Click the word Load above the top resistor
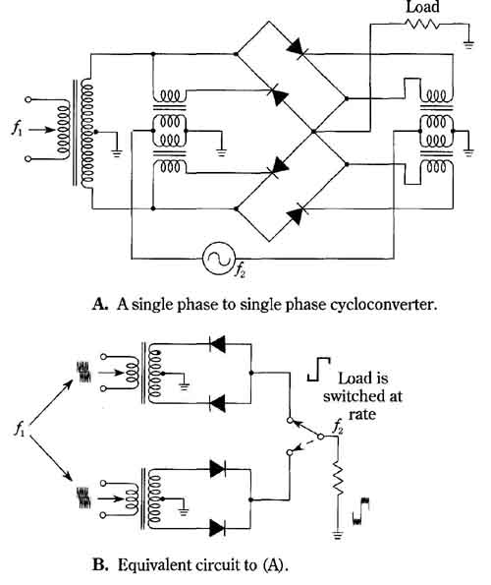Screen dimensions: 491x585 coord(422,7)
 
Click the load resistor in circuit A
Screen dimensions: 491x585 coord(421,24)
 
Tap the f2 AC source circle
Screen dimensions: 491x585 coord(219,259)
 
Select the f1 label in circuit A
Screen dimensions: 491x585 coord(17,129)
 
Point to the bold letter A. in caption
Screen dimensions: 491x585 coord(100,304)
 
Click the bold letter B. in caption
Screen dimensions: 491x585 coord(100,564)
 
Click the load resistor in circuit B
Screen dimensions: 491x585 coord(338,479)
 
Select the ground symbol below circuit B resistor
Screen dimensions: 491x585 coord(338,535)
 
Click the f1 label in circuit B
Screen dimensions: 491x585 coord(20,429)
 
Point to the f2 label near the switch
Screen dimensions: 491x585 coord(338,427)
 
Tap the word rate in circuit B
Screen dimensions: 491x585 coord(362,415)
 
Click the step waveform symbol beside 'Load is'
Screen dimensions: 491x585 coord(318,370)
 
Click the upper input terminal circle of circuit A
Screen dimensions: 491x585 coord(28,99)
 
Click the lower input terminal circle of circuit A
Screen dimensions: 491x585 coord(28,159)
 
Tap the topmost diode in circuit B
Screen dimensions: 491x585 coord(218,344)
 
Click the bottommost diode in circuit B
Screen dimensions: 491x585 coord(218,528)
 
